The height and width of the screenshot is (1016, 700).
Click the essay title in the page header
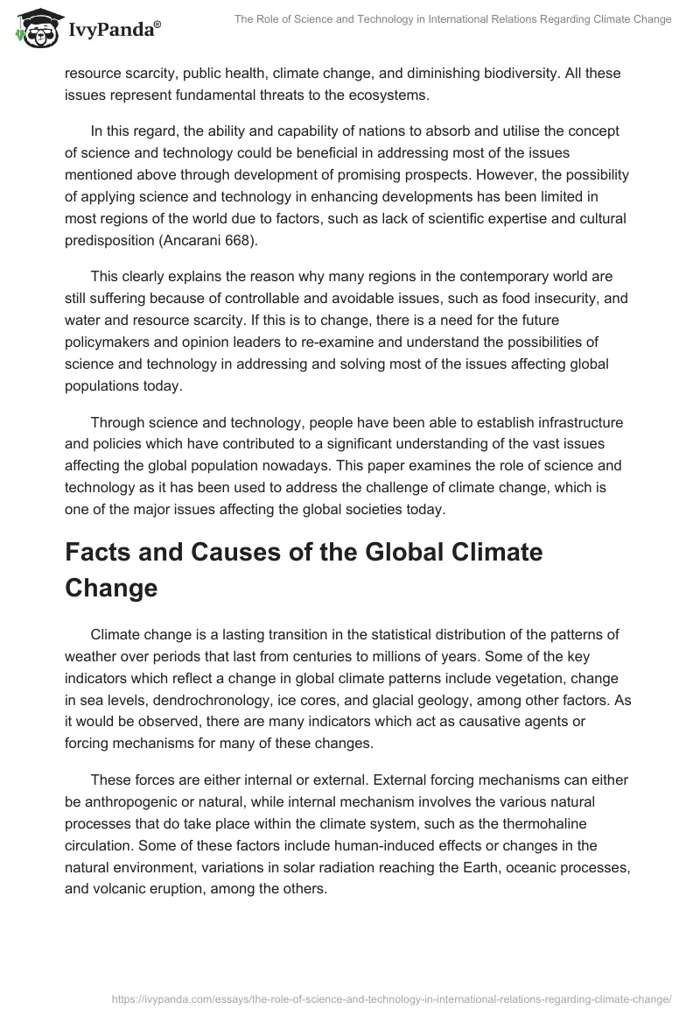tap(452, 19)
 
